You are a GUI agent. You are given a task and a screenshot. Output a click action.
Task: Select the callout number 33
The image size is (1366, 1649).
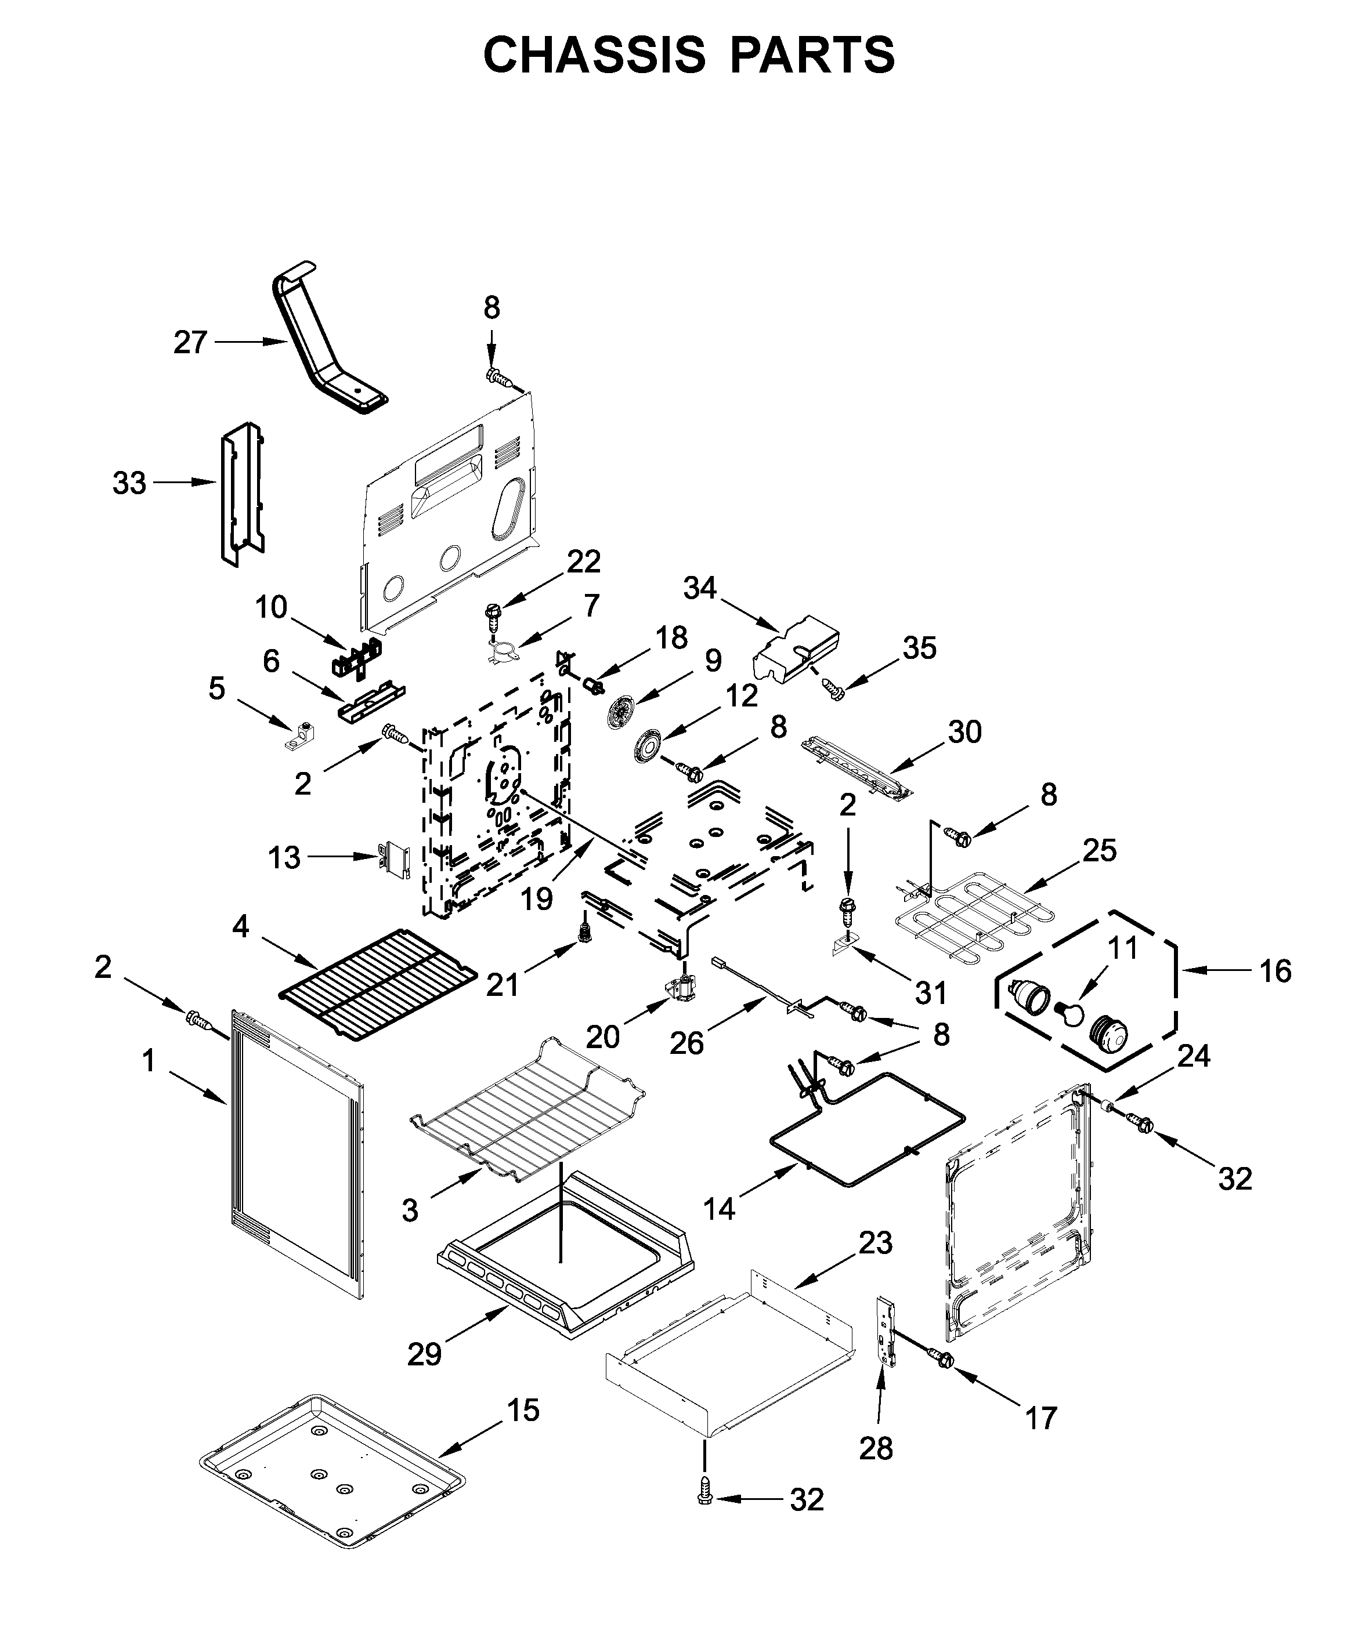(x=129, y=483)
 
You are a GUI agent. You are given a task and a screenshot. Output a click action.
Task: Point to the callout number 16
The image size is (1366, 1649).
(x=1275, y=972)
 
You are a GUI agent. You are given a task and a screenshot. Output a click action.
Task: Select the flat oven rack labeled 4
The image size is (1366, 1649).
(x=377, y=983)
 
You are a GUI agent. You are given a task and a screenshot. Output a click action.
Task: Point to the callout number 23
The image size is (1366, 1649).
(x=875, y=1243)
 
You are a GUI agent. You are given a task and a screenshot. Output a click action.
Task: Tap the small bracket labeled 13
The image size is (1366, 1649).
(x=395, y=860)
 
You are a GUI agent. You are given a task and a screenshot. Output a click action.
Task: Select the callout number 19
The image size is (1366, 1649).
(x=537, y=899)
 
